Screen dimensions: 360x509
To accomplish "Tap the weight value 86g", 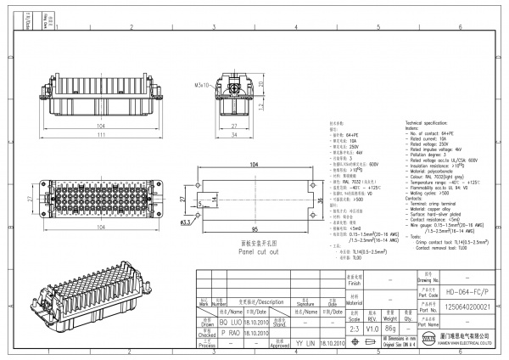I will pyautogui.click(x=390, y=327).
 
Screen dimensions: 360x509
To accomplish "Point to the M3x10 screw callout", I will pyautogui.click(x=201, y=86).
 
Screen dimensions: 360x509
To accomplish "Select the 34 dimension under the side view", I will pyautogui.click(x=234, y=133).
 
